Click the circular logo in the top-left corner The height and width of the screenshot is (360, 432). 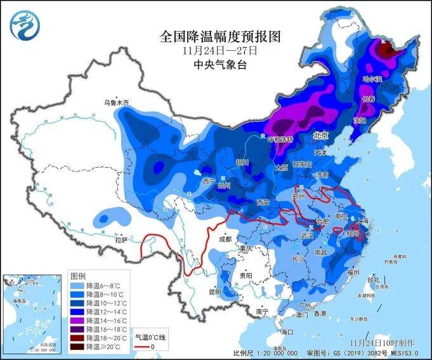[x=23, y=23]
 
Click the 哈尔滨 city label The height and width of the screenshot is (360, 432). [x=372, y=79]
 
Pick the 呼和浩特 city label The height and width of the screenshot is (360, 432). [x=279, y=139]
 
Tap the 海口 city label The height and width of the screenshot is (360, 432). [x=287, y=332]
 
